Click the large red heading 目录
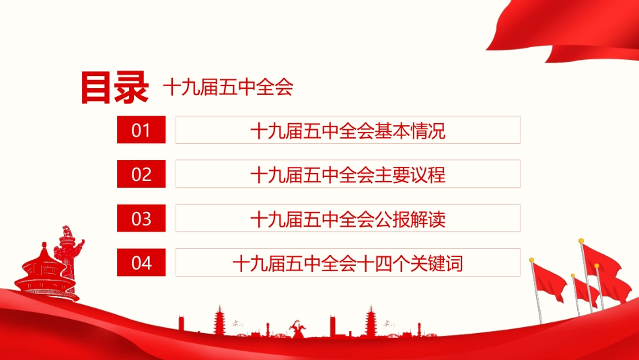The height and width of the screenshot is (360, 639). point(114,87)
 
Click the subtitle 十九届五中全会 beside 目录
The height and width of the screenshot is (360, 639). point(228,87)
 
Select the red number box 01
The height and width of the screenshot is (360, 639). point(141,130)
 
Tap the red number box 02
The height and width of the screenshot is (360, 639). point(141,174)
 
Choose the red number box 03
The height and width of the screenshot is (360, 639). point(141,219)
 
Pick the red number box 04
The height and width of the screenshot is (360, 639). point(141,262)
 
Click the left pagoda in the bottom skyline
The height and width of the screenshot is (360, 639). point(219,322)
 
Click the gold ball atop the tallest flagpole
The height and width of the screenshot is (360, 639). point(580,240)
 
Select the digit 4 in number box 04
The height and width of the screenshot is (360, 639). point(147,263)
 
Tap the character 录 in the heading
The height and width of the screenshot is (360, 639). point(131,87)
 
